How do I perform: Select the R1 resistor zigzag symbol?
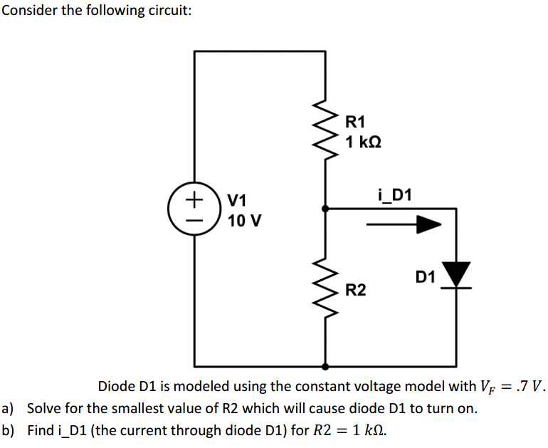pos(325,135)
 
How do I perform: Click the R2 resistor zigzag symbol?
pos(325,286)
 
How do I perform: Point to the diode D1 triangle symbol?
pos(456,274)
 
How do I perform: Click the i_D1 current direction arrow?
pos(404,225)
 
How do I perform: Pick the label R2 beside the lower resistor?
pos(356,290)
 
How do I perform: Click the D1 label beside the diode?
pos(426,276)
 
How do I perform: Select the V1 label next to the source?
pos(237,199)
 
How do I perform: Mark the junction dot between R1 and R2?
pos(325,209)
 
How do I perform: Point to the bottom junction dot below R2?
pos(325,367)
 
